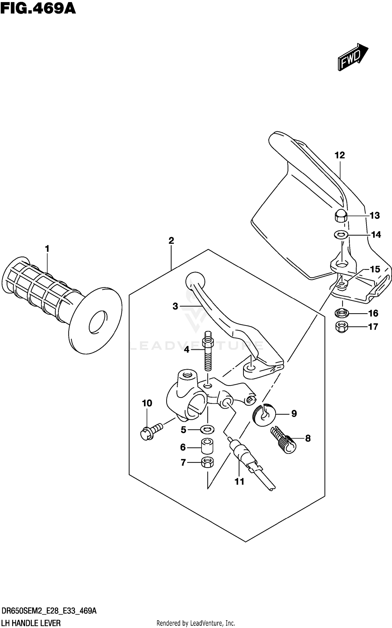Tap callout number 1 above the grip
47,249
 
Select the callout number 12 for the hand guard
340,155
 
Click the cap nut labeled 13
341,216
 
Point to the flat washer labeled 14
341,235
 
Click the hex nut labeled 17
341,327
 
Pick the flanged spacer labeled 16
341,312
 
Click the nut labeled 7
207,462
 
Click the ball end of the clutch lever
195,282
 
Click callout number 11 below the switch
239,482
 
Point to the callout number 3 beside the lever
175,306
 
